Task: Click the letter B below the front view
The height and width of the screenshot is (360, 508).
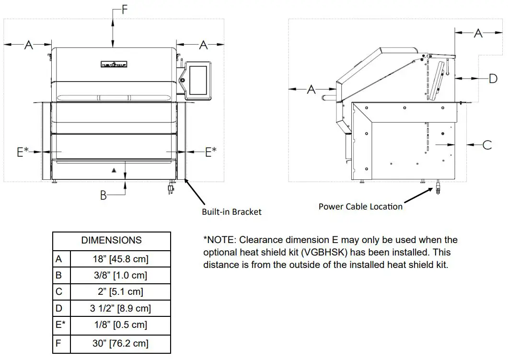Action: [x=103, y=195]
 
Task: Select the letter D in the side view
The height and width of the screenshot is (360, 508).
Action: [x=493, y=78]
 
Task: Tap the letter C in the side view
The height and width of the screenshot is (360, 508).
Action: [x=487, y=144]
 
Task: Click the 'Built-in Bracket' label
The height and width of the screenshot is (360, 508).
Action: [x=231, y=211]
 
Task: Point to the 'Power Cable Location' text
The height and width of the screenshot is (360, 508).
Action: [x=360, y=207]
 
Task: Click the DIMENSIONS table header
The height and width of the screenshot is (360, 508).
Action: [x=111, y=241]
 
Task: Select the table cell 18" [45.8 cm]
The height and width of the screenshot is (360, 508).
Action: [x=120, y=259]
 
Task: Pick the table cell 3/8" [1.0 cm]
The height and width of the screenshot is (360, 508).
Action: [x=120, y=275]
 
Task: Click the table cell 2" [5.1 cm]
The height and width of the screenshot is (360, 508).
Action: [x=120, y=291]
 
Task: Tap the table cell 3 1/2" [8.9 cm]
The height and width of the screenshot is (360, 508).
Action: [x=120, y=308]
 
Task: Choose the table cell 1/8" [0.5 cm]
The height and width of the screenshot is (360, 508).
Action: [x=120, y=325]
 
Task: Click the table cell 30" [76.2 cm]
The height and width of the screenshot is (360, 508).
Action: [x=120, y=343]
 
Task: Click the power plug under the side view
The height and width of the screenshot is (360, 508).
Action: [x=438, y=188]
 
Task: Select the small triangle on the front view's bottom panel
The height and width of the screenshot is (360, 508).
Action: [x=114, y=170]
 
